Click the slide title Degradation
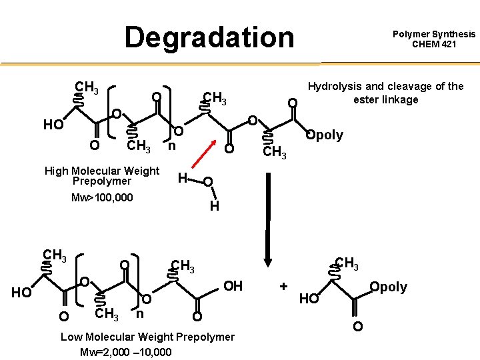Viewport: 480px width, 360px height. point(209,37)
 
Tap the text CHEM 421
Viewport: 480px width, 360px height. point(434,45)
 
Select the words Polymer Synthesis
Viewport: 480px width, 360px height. point(434,34)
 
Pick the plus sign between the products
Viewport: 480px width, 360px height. point(284,286)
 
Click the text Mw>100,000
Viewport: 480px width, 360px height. point(102,197)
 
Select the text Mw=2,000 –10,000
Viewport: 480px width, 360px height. point(125,352)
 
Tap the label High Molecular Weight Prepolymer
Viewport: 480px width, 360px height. point(102,176)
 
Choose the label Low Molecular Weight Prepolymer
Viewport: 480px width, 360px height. point(147,337)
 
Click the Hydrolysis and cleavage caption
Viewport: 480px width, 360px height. point(385,93)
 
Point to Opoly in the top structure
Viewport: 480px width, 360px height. point(324,135)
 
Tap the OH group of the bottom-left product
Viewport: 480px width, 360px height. point(233,286)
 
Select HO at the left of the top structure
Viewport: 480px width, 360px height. point(53,125)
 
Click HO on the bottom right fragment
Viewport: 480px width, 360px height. point(309,299)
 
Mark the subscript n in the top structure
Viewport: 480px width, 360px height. point(171,145)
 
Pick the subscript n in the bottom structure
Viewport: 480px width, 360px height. point(140,313)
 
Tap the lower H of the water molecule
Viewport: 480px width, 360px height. point(214,207)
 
